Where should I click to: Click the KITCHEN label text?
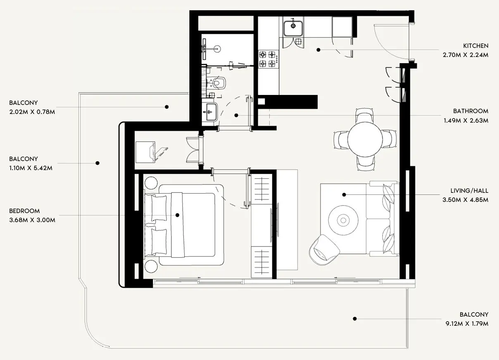pyautogui.click(x=475, y=46)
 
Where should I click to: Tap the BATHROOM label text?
pyautogui.click(x=470, y=111)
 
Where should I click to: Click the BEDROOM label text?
pyautogui.click(x=24, y=211)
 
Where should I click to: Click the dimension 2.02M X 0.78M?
pyautogui.click(x=32, y=111)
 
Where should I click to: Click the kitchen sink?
pyautogui.click(x=293, y=27)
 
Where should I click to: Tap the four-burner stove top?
pyautogui.click(x=267, y=59)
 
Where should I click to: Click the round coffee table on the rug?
pyautogui.click(x=343, y=220)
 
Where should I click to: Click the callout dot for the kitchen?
pyautogui.click(x=318, y=50)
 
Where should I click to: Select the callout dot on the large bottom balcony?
pyautogui.click(x=354, y=319)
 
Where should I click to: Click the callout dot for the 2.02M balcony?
pyautogui.click(x=166, y=107)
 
